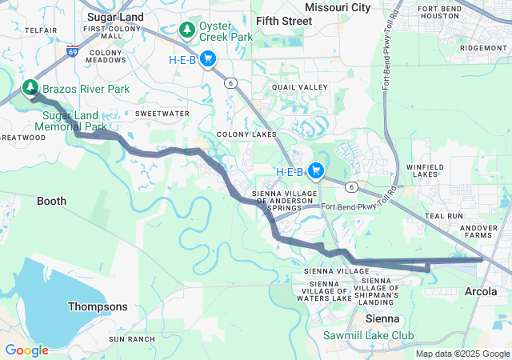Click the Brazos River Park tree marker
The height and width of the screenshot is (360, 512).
pyautogui.click(x=30, y=86)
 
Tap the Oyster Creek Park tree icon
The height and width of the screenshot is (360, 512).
pyautogui.click(x=187, y=30)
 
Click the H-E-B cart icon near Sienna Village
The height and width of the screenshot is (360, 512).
pyautogui.click(x=316, y=170)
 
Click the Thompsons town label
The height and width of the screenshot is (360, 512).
pyautogui.click(x=97, y=306)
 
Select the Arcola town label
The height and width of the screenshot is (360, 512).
pyautogui.click(x=481, y=292)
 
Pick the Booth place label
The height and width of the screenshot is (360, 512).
pyautogui.click(x=52, y=202)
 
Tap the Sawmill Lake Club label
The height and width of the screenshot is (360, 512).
pyautogui.click(x=369, y=335)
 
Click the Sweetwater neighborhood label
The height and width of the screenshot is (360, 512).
pyautogui.click(x=162, y=114)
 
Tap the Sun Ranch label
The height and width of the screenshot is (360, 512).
pyautogui.click(x=131, y=339)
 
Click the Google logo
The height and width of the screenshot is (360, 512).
pyautogui.click(x=26, y=350)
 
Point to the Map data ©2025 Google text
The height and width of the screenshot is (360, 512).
pyautogui.click(x=463, y=354)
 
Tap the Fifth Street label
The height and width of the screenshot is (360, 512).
pyautogui.click(x=284, y=21)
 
